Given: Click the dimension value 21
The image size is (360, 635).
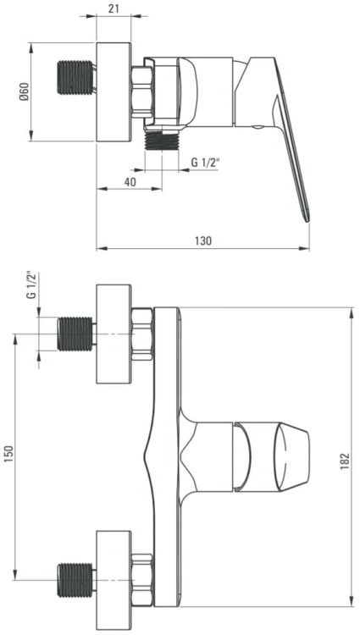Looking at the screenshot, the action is [x=114, y=8].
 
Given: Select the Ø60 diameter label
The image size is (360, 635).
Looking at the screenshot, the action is [x=25, y=92].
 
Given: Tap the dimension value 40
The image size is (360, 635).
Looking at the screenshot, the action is [x=130, y=182].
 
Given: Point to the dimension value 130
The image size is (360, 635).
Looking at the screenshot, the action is [x=203, y=240].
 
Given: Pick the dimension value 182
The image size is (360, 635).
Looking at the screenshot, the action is [x=345, y=461].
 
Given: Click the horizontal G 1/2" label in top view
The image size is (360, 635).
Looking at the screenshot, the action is [x=205, y=163].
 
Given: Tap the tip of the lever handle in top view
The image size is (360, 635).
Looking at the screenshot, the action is [x=307, y=221].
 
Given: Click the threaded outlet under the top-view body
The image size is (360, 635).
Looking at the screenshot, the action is [x=162, y=140].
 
